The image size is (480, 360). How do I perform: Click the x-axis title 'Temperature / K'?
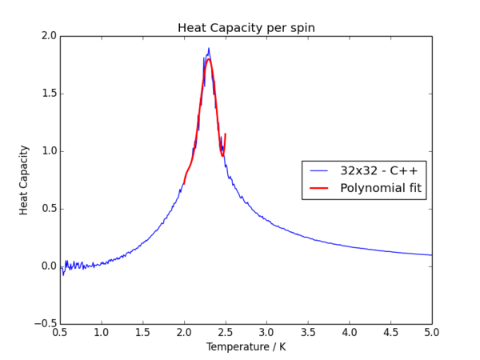(246, 347)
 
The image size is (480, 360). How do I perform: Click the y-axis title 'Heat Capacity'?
(25, 180)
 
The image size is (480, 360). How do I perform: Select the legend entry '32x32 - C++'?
(378, 171)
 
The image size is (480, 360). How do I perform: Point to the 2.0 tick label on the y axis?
(47, 36)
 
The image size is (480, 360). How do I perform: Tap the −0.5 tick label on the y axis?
(44, 324)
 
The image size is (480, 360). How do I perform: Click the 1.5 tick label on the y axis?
(47, 94)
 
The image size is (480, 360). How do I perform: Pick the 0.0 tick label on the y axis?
(47, 266)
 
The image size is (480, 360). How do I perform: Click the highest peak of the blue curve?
(209, 48)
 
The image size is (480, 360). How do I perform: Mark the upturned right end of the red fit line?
(226, 134)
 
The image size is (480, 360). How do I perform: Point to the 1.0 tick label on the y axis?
(47, 151)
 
